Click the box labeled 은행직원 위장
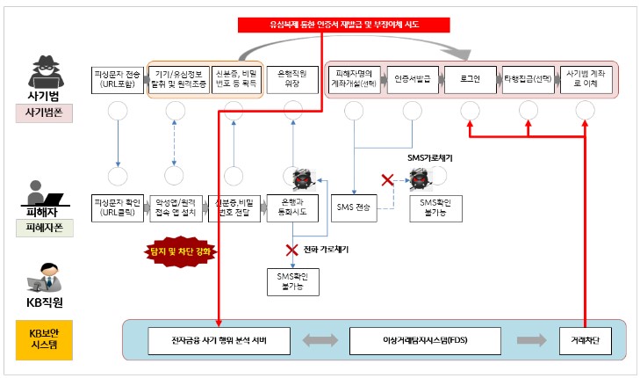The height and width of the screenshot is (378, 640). point(291,77)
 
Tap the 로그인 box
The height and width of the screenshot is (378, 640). point(471,77)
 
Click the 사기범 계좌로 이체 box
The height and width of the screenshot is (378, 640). point(586,77)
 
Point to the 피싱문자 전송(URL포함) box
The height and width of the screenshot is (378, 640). point(119,77)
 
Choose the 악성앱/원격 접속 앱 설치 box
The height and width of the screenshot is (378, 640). point(176,207)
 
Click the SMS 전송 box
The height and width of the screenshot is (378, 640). point(354,207)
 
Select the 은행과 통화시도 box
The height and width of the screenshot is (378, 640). point(291,207)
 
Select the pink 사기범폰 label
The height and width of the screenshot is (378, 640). point(41,113)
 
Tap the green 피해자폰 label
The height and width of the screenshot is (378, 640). point(41,229)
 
